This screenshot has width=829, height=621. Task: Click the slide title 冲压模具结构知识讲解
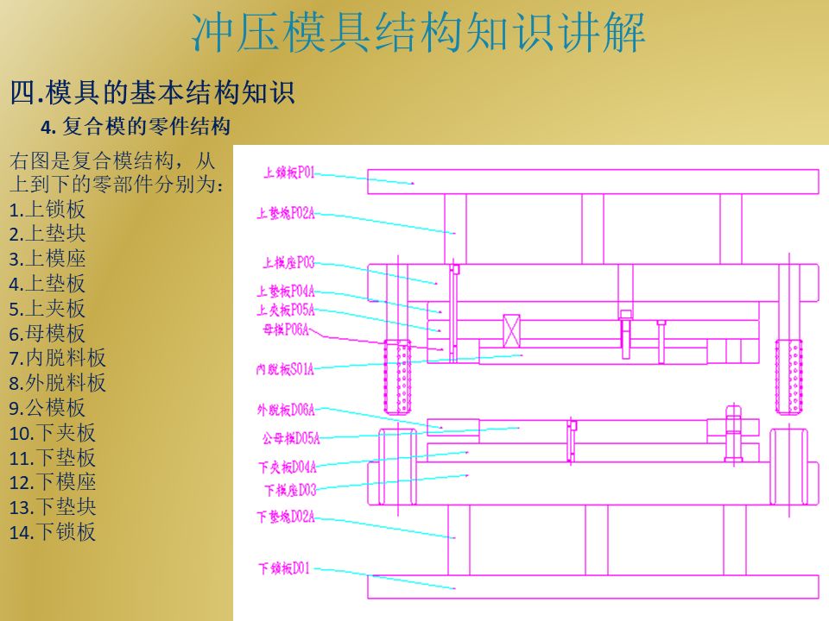418,34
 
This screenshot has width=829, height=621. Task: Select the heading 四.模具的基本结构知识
152,91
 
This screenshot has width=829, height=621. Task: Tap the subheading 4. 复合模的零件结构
136,128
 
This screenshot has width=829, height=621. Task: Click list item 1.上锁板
47,210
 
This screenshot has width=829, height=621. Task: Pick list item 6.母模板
47,334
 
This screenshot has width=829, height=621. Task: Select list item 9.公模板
47,408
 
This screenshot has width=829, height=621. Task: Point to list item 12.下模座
53,483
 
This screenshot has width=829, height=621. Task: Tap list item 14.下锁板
53,532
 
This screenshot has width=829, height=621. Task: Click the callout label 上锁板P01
288,173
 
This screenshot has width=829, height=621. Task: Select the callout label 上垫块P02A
286,212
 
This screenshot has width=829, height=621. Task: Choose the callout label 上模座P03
288,262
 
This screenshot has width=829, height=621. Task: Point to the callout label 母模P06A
285,329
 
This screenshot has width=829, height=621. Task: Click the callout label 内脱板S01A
285,369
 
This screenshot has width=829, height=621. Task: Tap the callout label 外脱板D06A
286,409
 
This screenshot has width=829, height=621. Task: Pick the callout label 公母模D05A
291,438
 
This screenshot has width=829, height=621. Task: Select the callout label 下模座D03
290,490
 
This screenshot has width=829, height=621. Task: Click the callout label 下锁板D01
284,568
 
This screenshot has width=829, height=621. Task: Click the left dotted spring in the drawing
397,376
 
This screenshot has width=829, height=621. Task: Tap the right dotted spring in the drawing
788,376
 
